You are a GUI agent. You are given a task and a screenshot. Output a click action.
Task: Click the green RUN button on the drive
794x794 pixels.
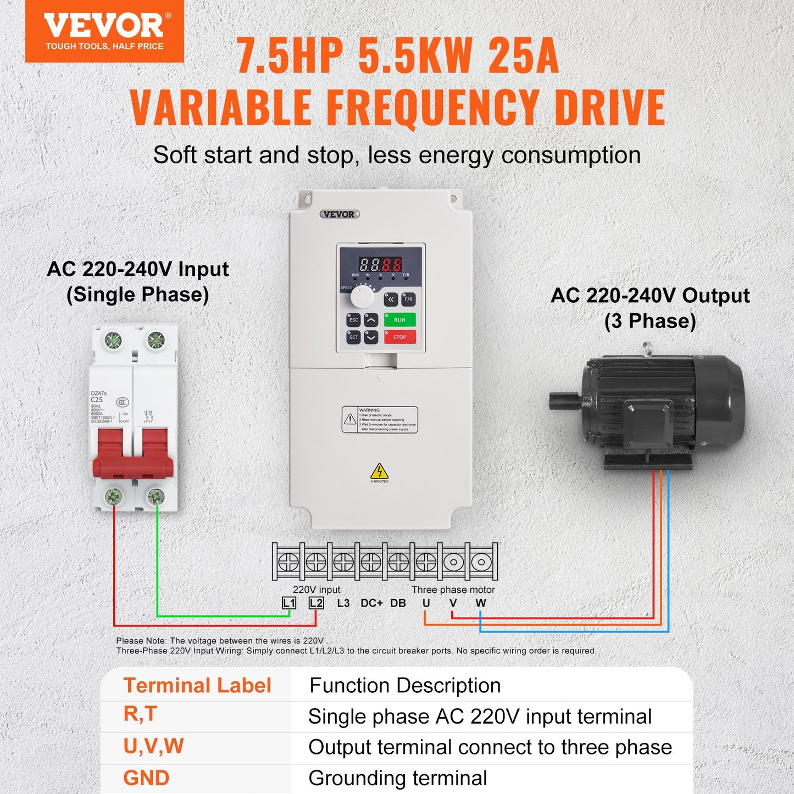click(x=399, y=320)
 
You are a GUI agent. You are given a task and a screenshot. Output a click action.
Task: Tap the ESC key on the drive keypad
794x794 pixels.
click(x=353, y=320)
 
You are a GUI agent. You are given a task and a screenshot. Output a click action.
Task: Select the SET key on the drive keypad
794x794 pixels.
click(x=353, y=337)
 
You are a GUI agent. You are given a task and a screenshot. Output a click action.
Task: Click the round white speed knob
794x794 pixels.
click(x=362, y=297)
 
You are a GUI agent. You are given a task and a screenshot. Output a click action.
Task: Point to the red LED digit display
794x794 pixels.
click(x=380, y=264)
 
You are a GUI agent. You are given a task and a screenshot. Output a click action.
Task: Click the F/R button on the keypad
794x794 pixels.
click(x=408, y=299)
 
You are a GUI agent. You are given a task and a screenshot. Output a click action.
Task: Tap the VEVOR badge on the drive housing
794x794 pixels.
click(x=339, y=214)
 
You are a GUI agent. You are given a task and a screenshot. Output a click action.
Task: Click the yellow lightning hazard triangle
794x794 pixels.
click(x=379, y=471)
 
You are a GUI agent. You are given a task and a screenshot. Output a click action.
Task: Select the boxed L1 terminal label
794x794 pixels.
click(x=289, y=603)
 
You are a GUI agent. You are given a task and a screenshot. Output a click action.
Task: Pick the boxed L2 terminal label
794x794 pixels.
click(x=316, y=603)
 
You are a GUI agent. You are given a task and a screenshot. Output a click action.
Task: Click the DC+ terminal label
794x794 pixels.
click(x=371, y=603)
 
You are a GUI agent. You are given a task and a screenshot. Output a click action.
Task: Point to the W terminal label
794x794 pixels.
click(x=481, y=603)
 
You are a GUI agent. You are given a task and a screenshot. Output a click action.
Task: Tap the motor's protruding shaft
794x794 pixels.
click(x=564, y=400)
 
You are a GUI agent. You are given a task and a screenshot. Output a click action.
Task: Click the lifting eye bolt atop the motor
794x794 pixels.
click(x=647, y=348)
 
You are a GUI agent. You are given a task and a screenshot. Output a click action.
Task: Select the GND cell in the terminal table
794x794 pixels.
click(x=146, y=778)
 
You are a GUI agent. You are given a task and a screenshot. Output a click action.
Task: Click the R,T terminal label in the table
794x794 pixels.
click(x=140, y=714)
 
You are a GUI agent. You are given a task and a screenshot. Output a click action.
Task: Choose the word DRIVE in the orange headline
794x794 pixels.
click(x=610, y=107)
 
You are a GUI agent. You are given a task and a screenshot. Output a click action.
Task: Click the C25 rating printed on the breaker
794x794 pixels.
click(x=97, y=399)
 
